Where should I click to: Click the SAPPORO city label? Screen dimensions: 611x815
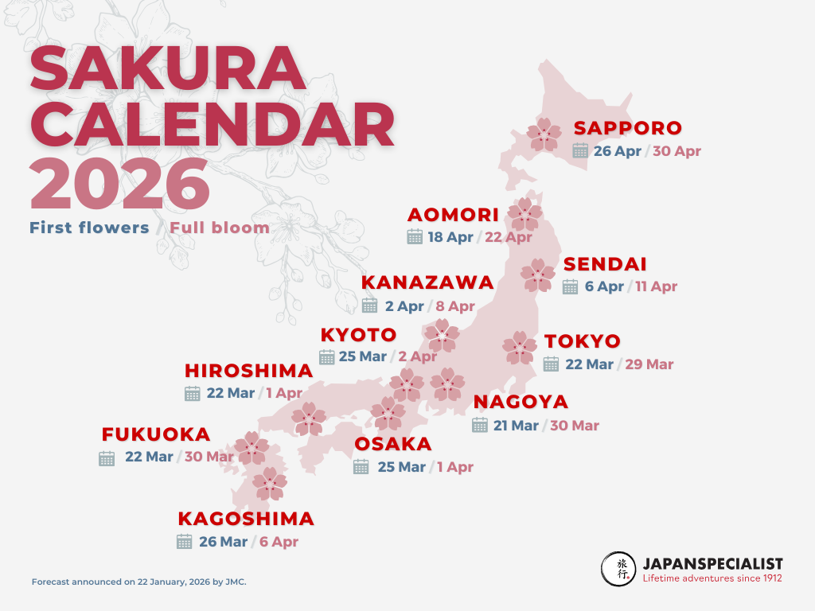pyautogui.click(x=628, y=128)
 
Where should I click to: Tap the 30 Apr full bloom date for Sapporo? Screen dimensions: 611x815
pyautogui.click(x=677, y=151)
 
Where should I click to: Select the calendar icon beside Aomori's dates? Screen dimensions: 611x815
pyautogui.click(x=414, y=236)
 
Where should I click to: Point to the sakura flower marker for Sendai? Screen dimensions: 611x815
pyautogui.click(x=538, y=274)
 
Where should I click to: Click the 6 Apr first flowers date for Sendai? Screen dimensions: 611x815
pyautogui.click(x=604, y=286)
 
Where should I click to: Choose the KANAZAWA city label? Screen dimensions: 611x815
pyautogui.click(x=427, y=282)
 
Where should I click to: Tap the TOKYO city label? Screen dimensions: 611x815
pyautogui.click(x=583, y=341)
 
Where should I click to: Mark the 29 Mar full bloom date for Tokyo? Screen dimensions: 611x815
pyautogui.click(x=649, y=364)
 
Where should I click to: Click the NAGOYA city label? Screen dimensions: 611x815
pyautogui.click(x=521, y=402)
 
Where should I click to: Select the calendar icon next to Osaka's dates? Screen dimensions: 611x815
pyautogui.click(x=361, y=467)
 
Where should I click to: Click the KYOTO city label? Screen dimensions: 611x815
pyautogui.click(x=358, y=334)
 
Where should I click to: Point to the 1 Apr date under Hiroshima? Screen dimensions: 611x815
pyautogui.click(x=284, y=393)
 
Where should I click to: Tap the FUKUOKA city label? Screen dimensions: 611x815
pyautogui.click(x=156, y=434)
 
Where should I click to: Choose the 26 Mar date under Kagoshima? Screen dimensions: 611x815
pyautogui.click(x=223, y=542)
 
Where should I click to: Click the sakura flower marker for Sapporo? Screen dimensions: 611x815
pyautogui.click(x=545, y=134)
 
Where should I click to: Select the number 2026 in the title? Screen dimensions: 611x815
pyautogui.click(x=119, y=185)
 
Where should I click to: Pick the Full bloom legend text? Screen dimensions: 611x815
pyautogui.click(x=220, y=228)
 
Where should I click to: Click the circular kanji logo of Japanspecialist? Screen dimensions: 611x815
pyautogui.click(x=618, y=570)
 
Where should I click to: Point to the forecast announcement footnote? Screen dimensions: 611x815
pyautogui.click(x=139, y=582)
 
